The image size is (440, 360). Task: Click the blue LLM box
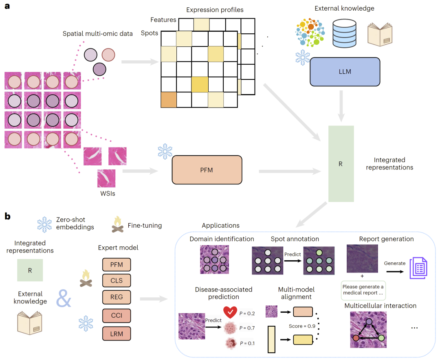pyautogui.click(x=345, y=72)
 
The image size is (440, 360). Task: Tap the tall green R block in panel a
pyautogui.click(x=341, y=164)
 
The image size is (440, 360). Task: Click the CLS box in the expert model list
pyautogui.click(x=117, y=281)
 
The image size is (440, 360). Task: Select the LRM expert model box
pyautogui.click(x=117, y=334)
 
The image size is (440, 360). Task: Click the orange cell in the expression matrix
pyautogui.click(x=169, y=99)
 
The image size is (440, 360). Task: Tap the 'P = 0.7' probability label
pyautogui.click(x=247, y=328)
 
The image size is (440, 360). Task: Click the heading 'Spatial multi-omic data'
pyautogui.click(x=97, y=34)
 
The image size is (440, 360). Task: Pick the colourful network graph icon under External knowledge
pyautogui.click(x=310, y=31)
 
